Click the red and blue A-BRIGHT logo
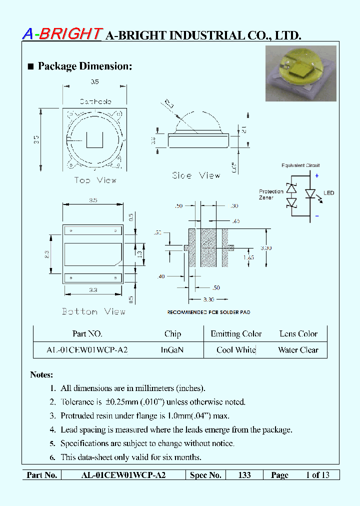click(62, 33)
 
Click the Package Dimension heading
click(80, 66)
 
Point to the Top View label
click(95, 180)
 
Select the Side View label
click(196, 175)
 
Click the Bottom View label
click(93, 311)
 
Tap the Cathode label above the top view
click(95, 101)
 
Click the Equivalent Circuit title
click(300, 165)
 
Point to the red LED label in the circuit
click(328, 193)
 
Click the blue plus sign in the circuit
click(316, 175)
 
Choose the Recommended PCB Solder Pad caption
click(208, 312)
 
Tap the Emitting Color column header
click(236, 334)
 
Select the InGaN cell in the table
click(172, 350)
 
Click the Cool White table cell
click(236, 350)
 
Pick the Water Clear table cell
click(298, 350)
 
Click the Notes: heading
click(41, 374)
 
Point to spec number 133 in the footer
click(244, 475)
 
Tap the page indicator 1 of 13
click(317, 475)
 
